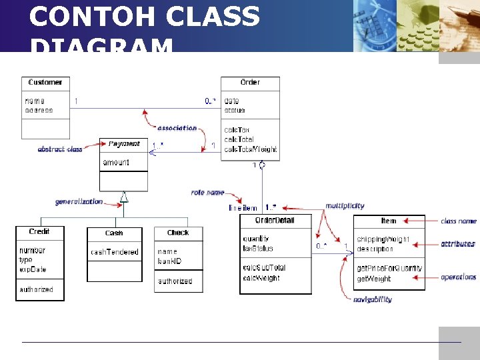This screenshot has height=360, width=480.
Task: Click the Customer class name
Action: pyautogui.click(x=45, y=83)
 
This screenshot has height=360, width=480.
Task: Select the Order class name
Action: pyautogui.click(x=250, y=83)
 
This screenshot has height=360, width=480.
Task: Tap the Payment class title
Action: pyautogui.click(x=124, y=144)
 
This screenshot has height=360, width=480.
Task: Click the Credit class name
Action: pyautogui.click(x=39, y=232)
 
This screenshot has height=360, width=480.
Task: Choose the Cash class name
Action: pyautogui.click(x=114, y=233)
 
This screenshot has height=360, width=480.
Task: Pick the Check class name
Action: pyautogui.click(x=178, y=233)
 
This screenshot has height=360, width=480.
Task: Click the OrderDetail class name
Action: pyautogui.click(x=275, y=221)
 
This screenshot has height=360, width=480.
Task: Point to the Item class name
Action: pyautogui.click(x=388, y=221)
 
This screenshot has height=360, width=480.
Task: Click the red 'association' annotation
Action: pyautogui.click(x=177, y=128)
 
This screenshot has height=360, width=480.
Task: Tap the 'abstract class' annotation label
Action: pyautogui.click(x=59, y=149)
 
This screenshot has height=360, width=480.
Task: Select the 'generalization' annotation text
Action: pyautogui.click(x=79, y=201)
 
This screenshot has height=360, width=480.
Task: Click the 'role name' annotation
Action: pyautogui.click(x=207, y=193)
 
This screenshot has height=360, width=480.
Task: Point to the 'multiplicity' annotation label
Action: pyautogui.click(x=345, y=206)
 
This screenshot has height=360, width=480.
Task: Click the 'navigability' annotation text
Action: pyautogui.click(x=373, y=299)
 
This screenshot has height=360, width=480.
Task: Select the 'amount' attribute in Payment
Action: pyautogui.click(x=116, y=163)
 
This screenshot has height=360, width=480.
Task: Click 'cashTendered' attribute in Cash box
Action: pyautogui.click(x=114, y=252)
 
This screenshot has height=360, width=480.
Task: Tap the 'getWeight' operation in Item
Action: pyautogui.click(x=374, y=279)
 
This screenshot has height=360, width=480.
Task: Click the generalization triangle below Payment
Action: pyautogui.click(x=123, y=196)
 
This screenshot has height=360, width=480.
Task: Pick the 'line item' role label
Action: pyautogui.click(x=243, y=208)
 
